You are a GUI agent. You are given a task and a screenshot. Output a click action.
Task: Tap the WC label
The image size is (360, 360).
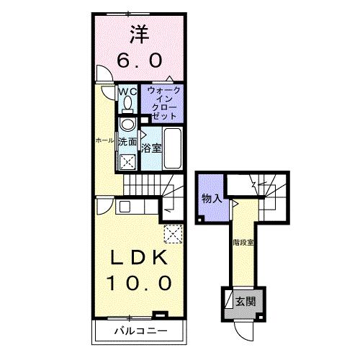127,91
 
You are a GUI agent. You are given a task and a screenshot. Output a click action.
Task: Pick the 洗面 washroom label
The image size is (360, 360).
127,142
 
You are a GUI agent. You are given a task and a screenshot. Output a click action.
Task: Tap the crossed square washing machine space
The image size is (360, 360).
127,161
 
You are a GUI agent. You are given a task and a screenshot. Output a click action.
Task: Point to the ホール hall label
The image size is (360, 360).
105,140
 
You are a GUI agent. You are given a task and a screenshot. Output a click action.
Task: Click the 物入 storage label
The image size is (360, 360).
210,199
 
